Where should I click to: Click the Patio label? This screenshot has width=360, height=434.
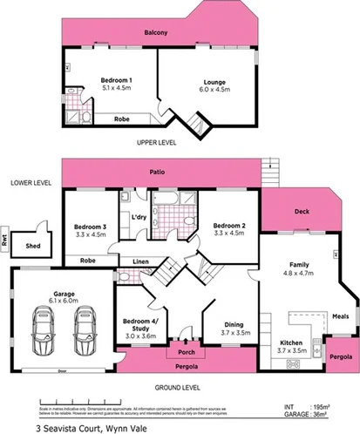tap(157, 173)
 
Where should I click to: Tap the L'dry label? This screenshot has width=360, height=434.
tap(137, 216)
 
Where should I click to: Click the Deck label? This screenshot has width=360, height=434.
tap(302, 211)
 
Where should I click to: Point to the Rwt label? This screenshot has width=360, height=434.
tap(5, 244)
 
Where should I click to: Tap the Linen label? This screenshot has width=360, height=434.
tap(140, 261)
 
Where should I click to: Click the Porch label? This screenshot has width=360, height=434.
tap(184, 353)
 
